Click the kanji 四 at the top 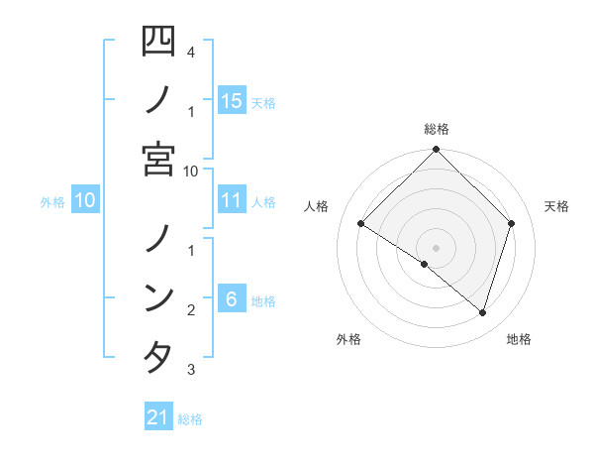pos(158,42)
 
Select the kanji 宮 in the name pos(158,159)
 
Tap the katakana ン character pos(158,297)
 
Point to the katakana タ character pos(158,357)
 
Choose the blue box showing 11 pos(232,200)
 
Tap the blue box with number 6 pos(231,299)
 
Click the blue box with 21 pos(158,417)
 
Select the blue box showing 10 pos(85,200)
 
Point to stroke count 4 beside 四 pos(190,51)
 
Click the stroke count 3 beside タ pos(190,370)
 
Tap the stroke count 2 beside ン pos(190,310)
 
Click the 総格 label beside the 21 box pos(190,419)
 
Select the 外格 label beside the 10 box pos(52,202)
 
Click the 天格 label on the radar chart pos(556,206)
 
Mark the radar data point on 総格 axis pos(436,150)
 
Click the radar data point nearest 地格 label pos(482,312)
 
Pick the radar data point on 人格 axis pos(360,223)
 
